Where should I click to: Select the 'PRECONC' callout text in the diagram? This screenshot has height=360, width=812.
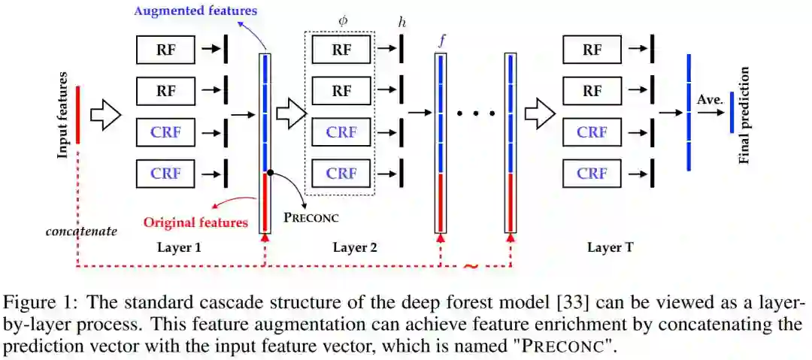click(x=311, y=219)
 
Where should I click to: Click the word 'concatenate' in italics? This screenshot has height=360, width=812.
click(x=81, y=231)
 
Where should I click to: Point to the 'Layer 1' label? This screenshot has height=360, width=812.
click(x=179, y=247)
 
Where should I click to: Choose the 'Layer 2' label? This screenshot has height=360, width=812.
click(x=355, y=247)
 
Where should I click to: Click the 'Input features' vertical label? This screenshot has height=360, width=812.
click(x=64, y=115)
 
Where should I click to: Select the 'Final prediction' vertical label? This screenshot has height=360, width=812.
click(x=745, y=115)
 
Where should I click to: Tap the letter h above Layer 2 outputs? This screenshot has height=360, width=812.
click(x=401, y=23)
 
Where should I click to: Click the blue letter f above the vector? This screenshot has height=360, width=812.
click(x=441, y=40)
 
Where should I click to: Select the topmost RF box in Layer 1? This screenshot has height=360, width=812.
click(x=166, y=50)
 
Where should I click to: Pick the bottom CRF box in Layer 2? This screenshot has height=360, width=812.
click(x=341, y=174)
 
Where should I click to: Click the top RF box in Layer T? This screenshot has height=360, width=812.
click(x=592, y=50)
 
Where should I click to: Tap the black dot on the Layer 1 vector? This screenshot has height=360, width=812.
click(x=269, y=173)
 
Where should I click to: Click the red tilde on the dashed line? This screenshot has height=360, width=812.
click(x=471, y=265)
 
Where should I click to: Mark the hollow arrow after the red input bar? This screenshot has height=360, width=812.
click(x=106, y=116)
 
